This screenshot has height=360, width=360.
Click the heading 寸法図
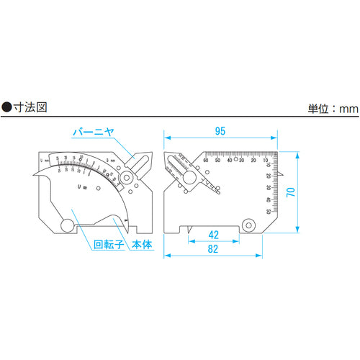tap(36, 107)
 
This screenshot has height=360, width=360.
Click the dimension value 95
tap(221, 130)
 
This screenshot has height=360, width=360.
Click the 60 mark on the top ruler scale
tap(207, 160)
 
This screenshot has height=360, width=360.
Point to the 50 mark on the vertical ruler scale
tap(268, 211)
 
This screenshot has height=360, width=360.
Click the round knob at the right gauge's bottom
tap(249, 224)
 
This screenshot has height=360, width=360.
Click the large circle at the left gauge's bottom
tap(67, 225)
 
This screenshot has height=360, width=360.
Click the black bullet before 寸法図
tap(6, 107)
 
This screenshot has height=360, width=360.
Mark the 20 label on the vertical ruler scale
tap(268, 175)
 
